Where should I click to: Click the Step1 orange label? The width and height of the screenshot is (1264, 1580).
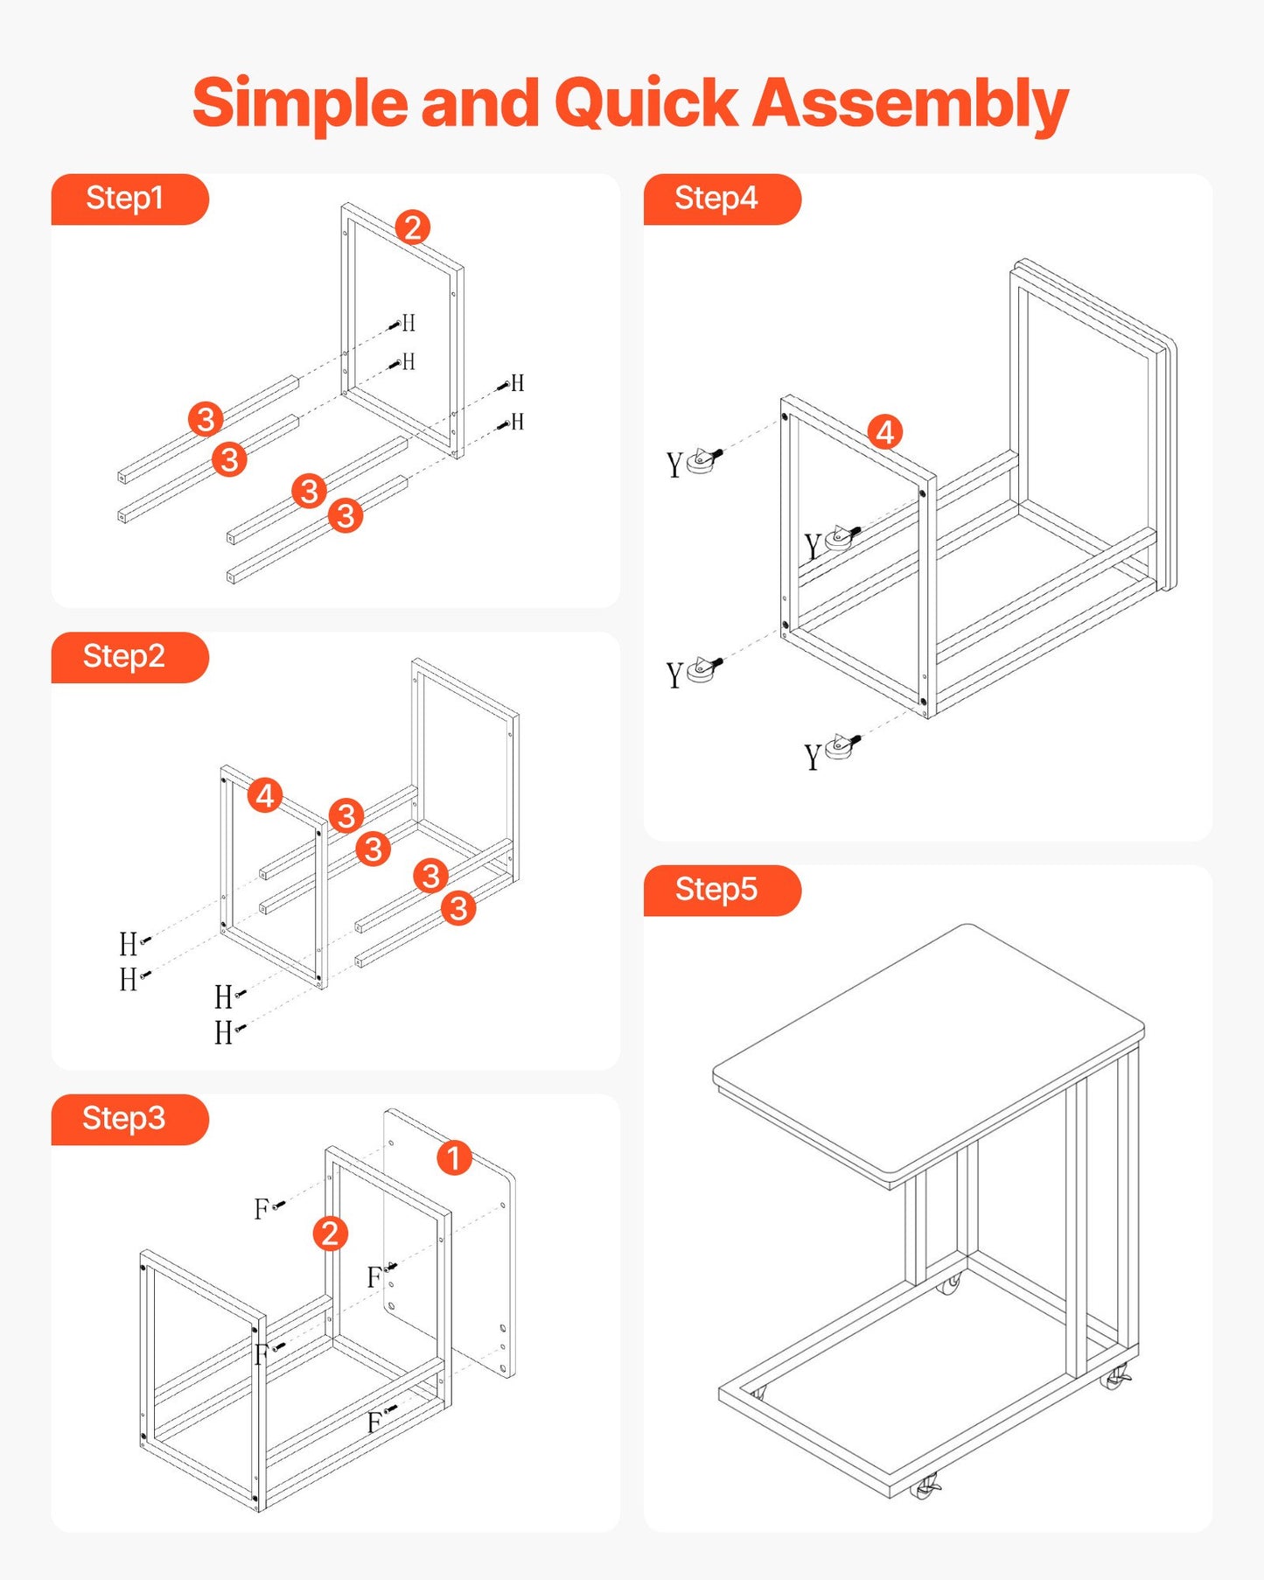coord(125,199)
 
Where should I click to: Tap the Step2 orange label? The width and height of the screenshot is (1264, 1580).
coord(124,656)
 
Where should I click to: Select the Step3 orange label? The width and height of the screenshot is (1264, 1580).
coord(124,1118)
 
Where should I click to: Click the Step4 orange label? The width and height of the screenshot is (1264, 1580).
coord(716,199)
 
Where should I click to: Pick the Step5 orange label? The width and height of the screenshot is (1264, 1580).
coord(716,890)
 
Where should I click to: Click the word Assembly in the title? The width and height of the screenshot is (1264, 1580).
coord(910,103)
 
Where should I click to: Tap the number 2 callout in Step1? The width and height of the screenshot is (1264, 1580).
coord(413,227)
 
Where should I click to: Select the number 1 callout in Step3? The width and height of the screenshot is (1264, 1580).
coord(454,1157)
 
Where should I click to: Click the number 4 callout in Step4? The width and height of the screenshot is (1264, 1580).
coord(885,432)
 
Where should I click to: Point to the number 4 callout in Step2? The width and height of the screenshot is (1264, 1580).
coord(265,795)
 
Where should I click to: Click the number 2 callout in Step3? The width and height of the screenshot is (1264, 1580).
coord(331,1234)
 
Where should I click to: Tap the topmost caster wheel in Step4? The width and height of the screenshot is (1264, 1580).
coord(703,461)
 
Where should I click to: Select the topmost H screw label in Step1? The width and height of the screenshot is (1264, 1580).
coord(408,324)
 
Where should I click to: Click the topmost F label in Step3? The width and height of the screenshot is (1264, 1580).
coord(262,1209)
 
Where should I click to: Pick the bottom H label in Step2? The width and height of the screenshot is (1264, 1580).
coord(224,1033)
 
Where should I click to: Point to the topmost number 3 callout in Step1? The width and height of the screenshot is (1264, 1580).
coord(206,419)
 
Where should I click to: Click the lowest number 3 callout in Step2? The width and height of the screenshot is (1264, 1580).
coord(458,908)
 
